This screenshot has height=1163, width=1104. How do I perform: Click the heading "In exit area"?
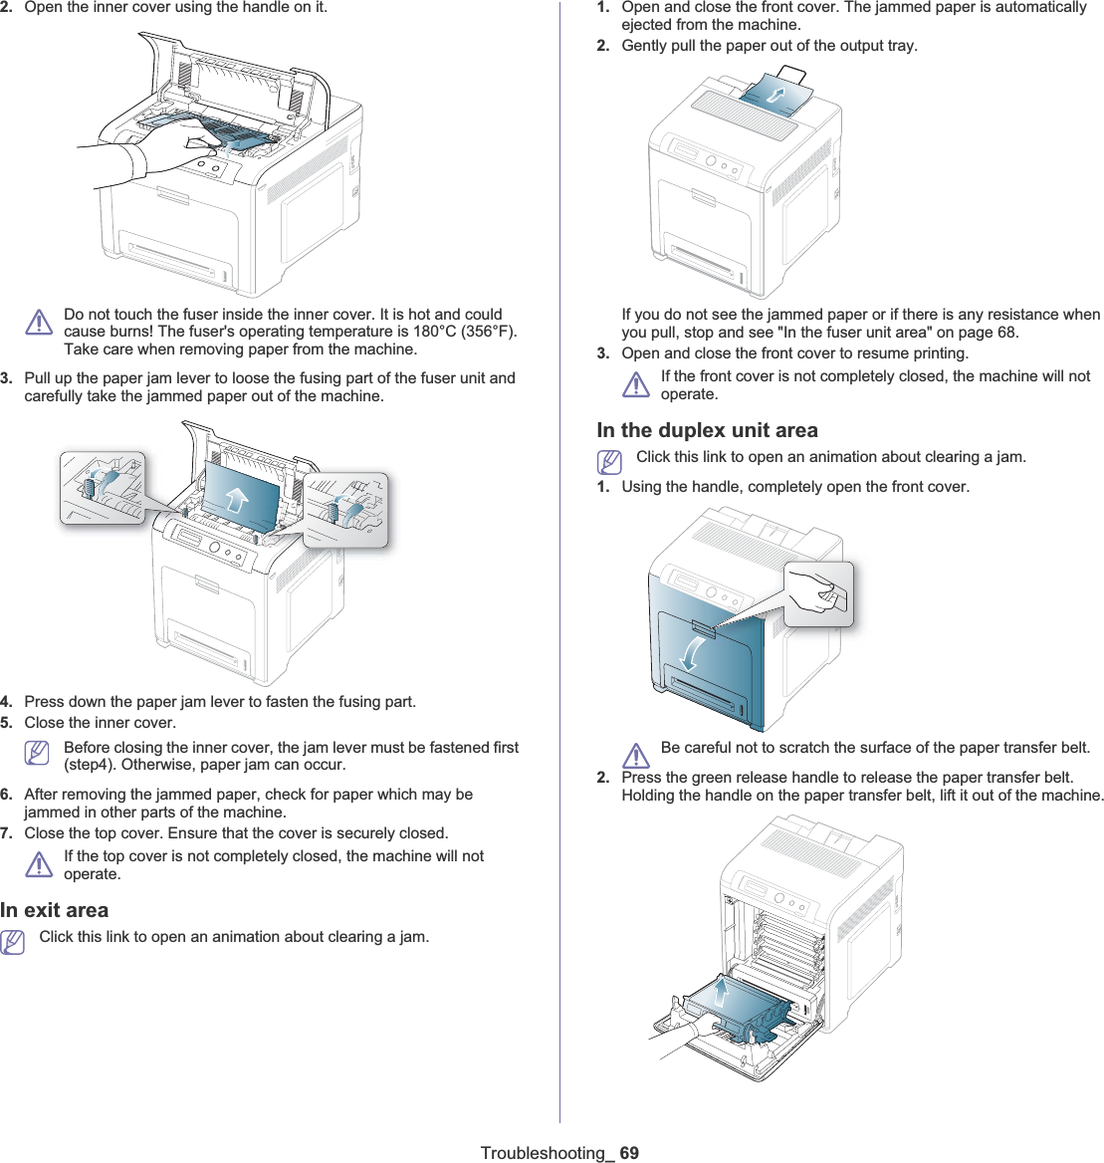pos(55,910)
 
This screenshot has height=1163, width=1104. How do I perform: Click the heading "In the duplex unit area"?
pos(707,430)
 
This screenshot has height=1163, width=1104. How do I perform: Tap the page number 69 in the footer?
pos(629,1153)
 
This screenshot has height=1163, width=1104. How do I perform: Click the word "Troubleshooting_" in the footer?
pos(547,1153)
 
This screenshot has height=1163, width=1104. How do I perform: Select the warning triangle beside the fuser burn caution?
pos(39,322)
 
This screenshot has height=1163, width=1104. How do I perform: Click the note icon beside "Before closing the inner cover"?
pos(38,754)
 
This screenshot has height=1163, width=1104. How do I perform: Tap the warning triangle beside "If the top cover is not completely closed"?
pos(39,864)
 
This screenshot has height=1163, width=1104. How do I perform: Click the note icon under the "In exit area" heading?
pos(13,941)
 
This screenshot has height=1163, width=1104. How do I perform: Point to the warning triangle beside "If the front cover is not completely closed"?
pos(635,384)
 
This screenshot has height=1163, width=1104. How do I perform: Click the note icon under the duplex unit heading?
pos(609,461)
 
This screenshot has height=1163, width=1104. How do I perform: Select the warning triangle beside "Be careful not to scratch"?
pos(635,756)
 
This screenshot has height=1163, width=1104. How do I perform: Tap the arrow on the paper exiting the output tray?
pos(775,94)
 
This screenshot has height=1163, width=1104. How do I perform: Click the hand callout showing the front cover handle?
pos(818,594)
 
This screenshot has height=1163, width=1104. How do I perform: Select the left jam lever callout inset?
pos(102,487)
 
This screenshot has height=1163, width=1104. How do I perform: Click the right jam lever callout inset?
pos(345,509)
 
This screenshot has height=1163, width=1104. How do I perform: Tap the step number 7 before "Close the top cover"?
pos(6,832)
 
